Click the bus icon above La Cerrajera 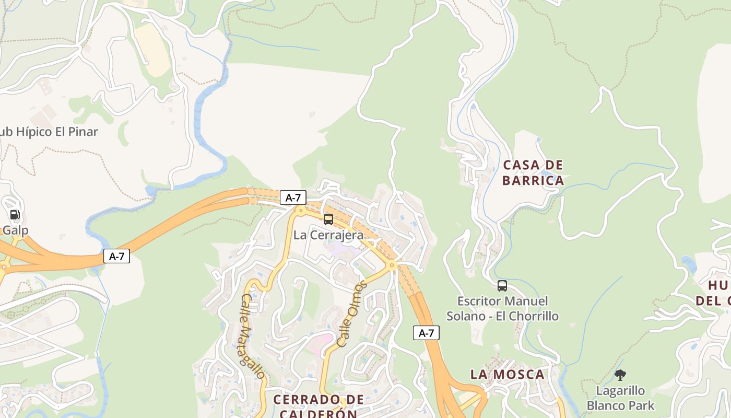point(328,219)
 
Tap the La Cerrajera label point(328,235)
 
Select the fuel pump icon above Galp point(15,215)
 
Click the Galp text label point(15,230)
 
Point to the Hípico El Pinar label point(49,132)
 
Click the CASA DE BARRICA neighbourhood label point(533,173)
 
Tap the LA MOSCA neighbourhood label point(508,374)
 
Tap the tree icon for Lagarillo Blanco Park point(620,375)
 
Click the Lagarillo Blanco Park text point(620,398)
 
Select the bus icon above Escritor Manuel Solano point(502,286)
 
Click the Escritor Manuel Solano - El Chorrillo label point(502,309)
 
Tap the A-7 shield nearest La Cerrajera point(293,198)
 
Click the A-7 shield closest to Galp point(116,256)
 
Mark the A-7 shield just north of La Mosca point(426,333)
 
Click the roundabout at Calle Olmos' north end point(392,266)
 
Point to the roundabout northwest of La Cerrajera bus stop point(300,211)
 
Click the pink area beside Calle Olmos point(320,342)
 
